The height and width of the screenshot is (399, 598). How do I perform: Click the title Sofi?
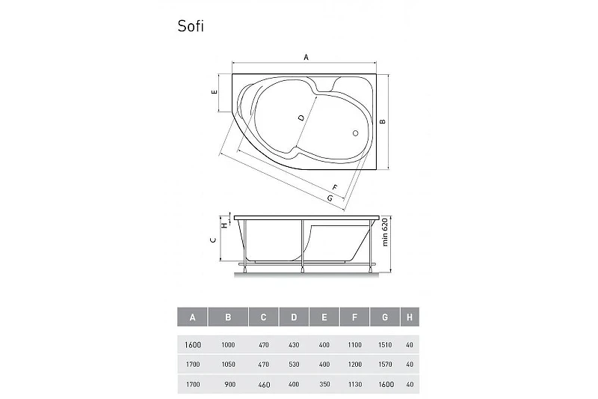(191, 26)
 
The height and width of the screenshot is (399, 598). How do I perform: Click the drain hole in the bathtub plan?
(356, 133)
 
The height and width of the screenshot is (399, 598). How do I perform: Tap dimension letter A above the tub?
(306, 58)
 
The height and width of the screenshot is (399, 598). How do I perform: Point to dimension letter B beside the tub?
(383, 122)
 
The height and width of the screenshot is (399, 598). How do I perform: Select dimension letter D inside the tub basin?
(301, 118)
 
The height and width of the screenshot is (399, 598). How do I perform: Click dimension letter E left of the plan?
(215, 92)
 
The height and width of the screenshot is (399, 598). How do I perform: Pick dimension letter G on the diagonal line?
(330, 198)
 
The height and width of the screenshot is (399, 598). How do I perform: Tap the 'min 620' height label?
(385, 232)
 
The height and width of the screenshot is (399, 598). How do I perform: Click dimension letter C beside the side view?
(213, 240)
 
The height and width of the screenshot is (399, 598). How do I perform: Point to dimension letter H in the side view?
(225, 225)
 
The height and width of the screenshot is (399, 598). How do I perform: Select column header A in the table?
(193, 317)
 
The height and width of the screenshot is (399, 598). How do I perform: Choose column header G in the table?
(385, 317)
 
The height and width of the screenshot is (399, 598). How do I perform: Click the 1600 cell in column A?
(193, 345)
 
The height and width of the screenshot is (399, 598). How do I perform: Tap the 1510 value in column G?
(385, 345)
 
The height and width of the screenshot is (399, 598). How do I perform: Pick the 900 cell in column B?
(230, 385)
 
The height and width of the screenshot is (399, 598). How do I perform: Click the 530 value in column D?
(294, 365)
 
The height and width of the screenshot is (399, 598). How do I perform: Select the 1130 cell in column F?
(354, 385)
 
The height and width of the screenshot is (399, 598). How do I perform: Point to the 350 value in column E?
(324, 385)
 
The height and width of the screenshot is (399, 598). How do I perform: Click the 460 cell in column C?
(264, 385)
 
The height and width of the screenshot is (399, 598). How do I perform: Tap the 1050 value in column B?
(229, 365)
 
